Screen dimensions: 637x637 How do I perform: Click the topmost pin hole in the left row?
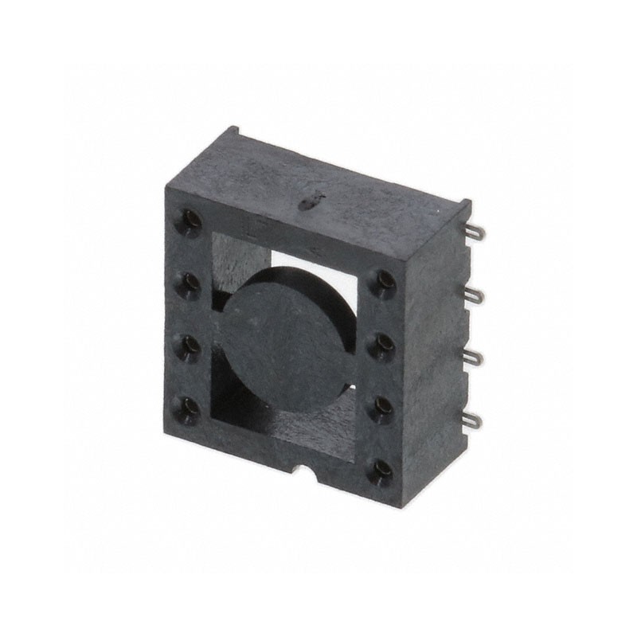(190, 220)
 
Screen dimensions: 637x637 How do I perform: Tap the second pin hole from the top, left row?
(190, 282)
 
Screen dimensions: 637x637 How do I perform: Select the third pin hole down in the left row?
(190, 345)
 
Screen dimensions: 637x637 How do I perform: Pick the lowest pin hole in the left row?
(190, 407)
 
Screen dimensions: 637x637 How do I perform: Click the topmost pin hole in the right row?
(385, 281)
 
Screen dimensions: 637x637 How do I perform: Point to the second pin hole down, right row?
(385, 342)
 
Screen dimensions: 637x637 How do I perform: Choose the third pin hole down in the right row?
(384, 405)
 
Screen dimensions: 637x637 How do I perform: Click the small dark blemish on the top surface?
(309, 203)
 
